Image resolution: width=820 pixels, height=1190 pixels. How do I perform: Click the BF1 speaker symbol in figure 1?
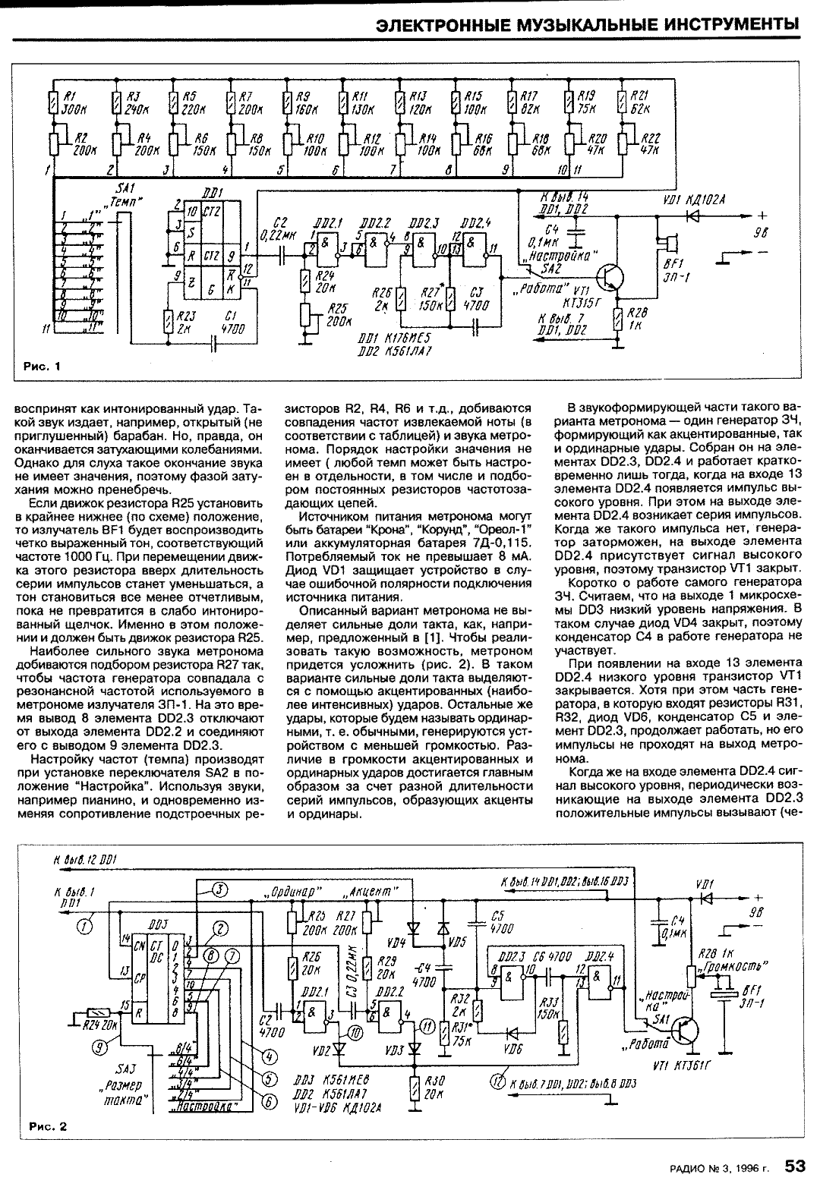tap(669, 245)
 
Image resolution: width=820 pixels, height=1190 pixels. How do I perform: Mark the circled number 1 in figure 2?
tap(85, 926)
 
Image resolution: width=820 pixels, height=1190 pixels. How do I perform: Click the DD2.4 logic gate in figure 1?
tap(477, 245)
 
